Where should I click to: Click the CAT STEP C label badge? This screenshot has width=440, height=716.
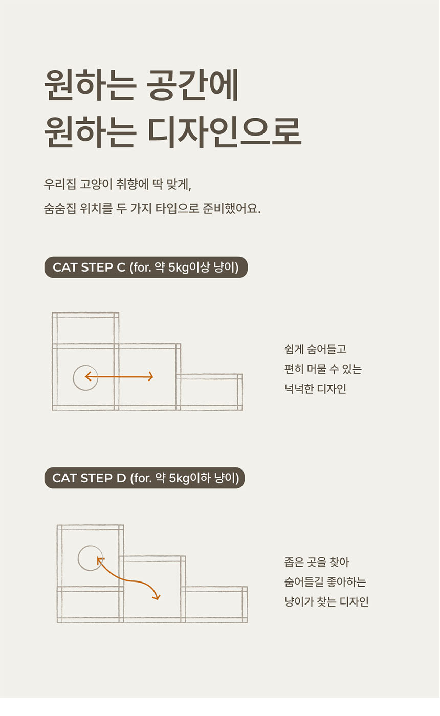click(146, 267)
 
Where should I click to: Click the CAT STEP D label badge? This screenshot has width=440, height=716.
click(144, 478)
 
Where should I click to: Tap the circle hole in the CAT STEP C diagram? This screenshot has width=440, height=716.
click(85, 378)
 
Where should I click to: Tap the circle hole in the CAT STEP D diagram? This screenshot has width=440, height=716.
click(90, 558)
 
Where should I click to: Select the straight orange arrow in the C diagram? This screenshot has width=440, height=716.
click(119, 377)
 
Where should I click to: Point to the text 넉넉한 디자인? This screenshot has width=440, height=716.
click(315, 389)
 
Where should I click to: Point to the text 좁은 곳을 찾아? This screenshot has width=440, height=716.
click(316, 562)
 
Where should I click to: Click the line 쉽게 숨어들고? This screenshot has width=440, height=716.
click(315, 350)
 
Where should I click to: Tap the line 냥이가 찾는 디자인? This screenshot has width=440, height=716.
click(326, 601)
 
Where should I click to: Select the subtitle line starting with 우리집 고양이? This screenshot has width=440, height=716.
click(117, 184)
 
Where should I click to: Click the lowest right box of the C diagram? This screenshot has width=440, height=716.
click(209, 392)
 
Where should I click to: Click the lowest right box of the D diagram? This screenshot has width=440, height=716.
click(214, 605)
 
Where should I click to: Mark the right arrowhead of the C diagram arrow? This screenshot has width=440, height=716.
click(151, 377)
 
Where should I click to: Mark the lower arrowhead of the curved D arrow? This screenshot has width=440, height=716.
click(158, 597)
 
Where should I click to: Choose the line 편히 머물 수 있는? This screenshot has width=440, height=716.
click(322, 370)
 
